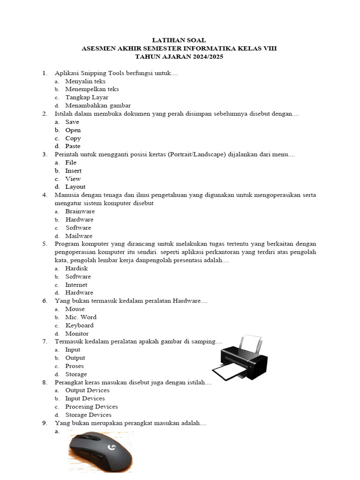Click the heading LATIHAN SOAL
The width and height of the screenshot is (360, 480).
click(180, 40)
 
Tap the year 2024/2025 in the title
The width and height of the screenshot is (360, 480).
click(206, 57)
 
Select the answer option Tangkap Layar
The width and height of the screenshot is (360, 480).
click(87, 97)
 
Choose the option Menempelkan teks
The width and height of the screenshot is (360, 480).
click(92, 89)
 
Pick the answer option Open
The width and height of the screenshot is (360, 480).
click(73, 130)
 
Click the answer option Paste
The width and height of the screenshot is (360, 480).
click(73, 146)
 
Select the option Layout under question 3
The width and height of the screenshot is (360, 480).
click(75, 187)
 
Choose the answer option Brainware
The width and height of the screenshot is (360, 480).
click(80, 211)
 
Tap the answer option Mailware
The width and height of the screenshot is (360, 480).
click(79, 236)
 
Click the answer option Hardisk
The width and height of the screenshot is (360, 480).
click(76, 269)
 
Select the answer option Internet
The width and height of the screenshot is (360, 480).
click(76, 285)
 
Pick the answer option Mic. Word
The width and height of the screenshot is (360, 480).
click(81, 317)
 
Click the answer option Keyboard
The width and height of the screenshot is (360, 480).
click(79, 325)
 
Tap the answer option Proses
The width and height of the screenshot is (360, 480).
click(75, 366)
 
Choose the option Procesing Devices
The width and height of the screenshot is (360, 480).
click(91, 407)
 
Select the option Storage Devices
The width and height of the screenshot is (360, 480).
click(88, 415)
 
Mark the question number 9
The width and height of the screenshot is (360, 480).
click(45, 423)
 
